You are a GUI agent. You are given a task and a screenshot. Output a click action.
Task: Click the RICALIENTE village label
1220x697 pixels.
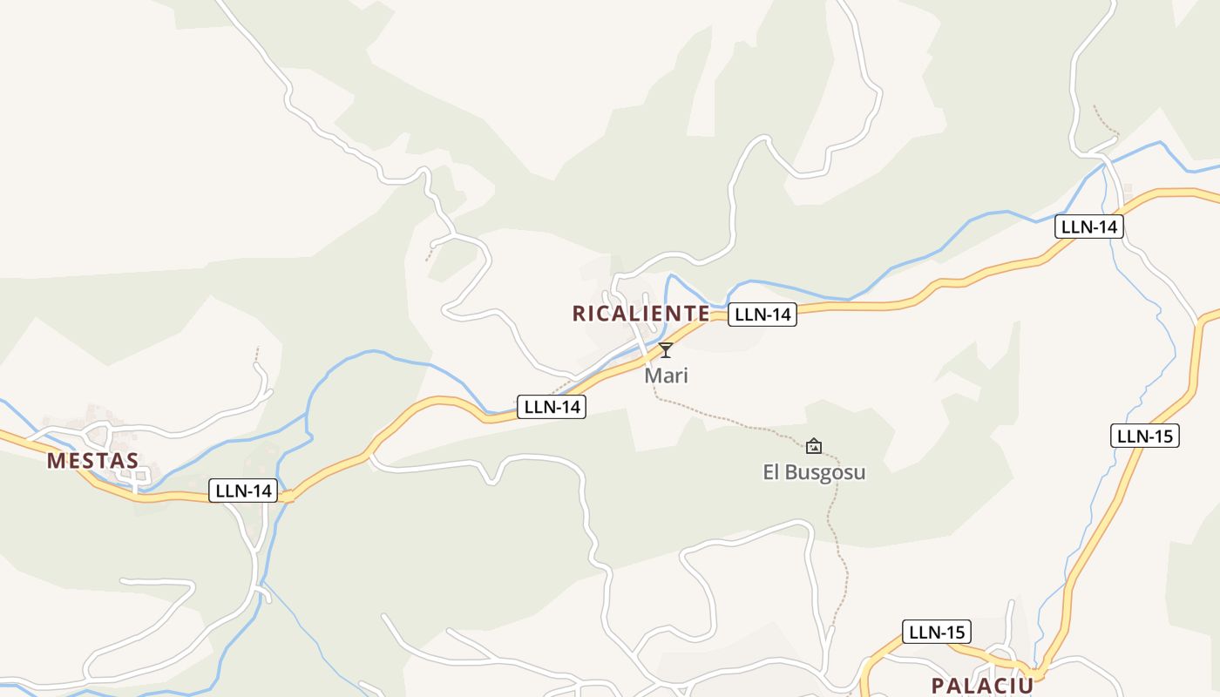[x=640, y=314]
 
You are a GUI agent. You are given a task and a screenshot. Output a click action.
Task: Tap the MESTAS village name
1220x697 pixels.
[x=92, y=461]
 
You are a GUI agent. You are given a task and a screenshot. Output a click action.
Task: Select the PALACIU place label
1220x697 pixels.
[x=982, y=685]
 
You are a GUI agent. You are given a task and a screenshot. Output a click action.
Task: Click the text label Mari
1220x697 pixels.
[x=666, y=376]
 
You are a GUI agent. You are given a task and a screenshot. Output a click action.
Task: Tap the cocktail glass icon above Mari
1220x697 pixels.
[x=666, y=350]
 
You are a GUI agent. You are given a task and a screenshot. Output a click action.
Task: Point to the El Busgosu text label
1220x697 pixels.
[x=814, y=472]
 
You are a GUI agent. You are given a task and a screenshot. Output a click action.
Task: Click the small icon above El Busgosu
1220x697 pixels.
[x=813, y=446]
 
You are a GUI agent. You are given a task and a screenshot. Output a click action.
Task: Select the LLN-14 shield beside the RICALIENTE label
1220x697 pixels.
[x=762, y=315]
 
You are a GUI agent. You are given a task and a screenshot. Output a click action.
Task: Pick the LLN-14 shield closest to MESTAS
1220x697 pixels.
[x=243, y=491]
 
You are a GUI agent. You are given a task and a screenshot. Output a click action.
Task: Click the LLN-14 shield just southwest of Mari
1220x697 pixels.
[x=551, y=406]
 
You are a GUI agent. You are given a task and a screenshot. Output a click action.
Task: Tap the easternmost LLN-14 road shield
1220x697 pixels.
[x=1089, y=227]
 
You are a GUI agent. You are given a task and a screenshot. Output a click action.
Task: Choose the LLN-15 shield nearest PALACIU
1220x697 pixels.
[x=936, y=632]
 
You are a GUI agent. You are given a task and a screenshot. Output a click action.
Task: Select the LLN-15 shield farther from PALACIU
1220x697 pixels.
[x=1144, y=436]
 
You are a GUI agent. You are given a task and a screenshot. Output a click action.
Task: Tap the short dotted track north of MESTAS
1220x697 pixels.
[x=256, y=355]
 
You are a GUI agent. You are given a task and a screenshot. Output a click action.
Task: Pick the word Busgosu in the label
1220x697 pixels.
[x=825, y=472]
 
